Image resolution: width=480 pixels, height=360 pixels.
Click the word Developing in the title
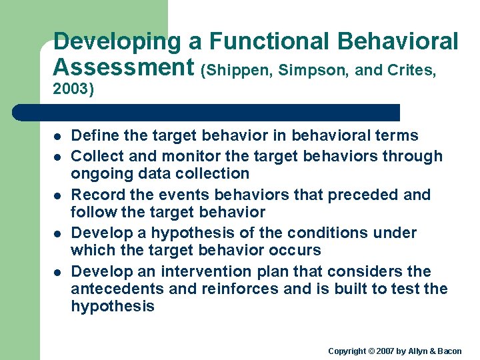[117, 41]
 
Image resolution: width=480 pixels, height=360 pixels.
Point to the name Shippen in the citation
[241, 70]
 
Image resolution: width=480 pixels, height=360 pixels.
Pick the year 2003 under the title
[71, 89]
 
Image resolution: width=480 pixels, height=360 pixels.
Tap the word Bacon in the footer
[449, 351]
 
